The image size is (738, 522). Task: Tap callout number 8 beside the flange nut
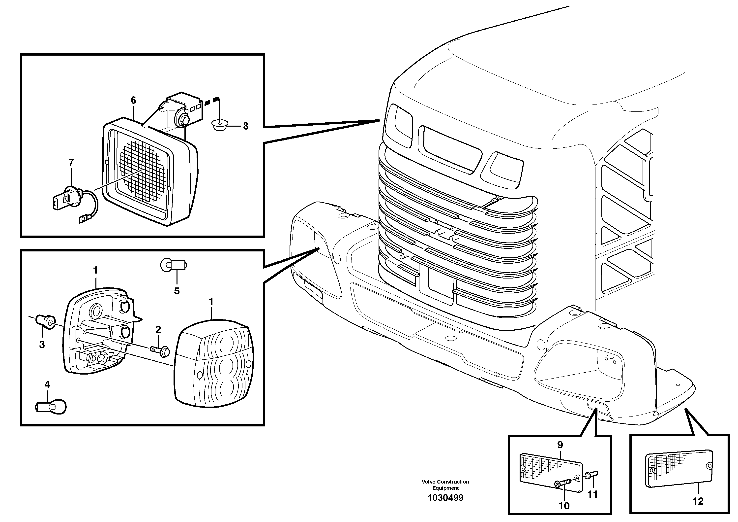click(246, 126)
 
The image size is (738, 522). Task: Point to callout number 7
click(71, 163)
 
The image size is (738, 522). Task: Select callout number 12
click(698, 501)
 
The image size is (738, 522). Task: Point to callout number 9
click(560, 445)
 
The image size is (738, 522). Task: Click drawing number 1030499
click(445, 498)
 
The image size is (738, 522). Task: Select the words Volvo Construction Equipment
click(445, 485)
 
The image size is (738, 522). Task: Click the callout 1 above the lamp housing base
click(95, 271)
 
